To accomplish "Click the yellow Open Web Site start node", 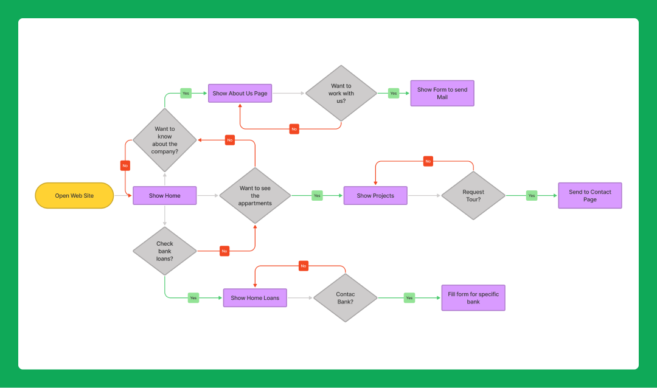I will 74,196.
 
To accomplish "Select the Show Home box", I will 164,196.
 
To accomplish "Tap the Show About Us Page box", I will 240,94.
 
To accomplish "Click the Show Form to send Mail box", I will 442,94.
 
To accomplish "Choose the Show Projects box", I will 375,196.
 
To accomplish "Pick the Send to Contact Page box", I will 589,196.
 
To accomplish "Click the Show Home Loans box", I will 255,298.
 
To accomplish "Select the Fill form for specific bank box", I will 473,298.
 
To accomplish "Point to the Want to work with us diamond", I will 341,94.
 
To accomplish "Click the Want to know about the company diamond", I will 164,140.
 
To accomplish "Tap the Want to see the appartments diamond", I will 255,196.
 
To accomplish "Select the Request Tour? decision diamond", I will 473,196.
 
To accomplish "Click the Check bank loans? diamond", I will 164,251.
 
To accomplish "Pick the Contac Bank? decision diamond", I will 345,298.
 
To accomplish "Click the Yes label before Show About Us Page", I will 186,94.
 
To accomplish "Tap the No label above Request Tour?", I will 428,161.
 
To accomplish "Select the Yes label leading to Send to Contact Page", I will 532,196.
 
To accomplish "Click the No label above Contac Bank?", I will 304,266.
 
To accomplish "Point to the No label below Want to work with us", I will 294,129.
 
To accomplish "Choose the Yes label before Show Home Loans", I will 193,298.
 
